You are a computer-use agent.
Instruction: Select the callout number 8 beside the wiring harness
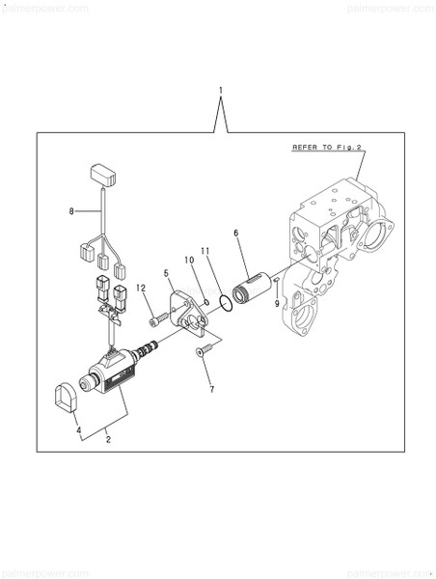point(71,211)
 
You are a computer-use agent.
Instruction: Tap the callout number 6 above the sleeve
point(236,234)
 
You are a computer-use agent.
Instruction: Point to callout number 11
point(204,252)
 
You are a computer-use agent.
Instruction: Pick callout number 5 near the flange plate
point(166,274)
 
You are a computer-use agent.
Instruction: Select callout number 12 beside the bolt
point(140,288)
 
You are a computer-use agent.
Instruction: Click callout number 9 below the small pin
point(279,303)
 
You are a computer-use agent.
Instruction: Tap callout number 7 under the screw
point(212,389)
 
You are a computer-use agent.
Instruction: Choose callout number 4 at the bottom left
point(79,429)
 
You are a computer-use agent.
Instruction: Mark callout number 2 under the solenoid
point(107,440)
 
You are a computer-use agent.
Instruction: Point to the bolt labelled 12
point(155,318)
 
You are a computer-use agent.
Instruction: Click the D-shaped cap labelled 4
point(65,398)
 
